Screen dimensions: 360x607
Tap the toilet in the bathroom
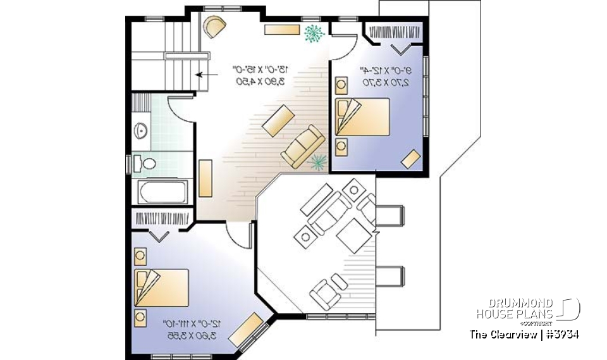147,164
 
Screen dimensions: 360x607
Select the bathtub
162,192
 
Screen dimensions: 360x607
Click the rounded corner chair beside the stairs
214,27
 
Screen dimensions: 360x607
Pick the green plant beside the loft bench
312,33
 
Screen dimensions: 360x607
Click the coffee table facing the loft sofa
278,121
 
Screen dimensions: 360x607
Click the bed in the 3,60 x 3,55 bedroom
161,287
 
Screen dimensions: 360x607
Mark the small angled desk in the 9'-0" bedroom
412,159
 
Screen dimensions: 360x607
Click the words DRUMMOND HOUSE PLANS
515,309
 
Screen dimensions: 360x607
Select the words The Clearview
502,334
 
